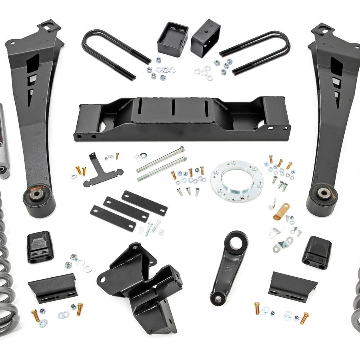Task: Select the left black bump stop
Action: pos(40,248)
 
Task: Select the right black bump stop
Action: pos(317,252)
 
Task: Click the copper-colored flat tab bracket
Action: pos(282,210)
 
